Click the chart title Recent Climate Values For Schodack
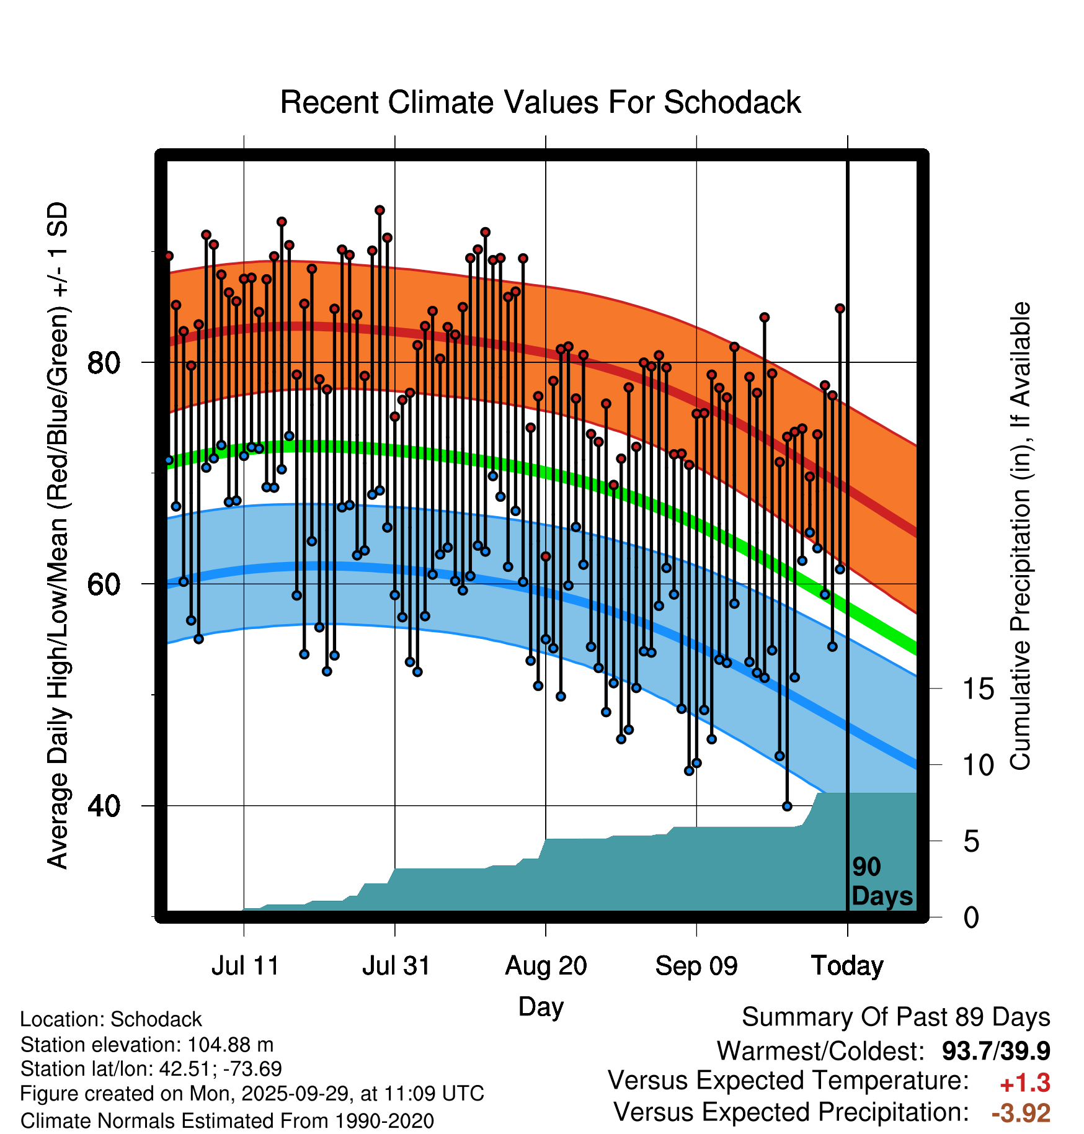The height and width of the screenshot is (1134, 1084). (x=540, y=102)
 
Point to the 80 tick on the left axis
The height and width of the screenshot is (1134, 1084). (x=103, y=362)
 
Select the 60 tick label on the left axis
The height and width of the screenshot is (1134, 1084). (x=103, y=584)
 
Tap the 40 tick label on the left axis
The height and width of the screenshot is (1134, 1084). (x=103, y=806)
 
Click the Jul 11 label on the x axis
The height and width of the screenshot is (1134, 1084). (x=245, y=966)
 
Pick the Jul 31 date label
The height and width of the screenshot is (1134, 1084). (x=396, y=966)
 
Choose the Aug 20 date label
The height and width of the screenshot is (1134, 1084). (x=546, y=966)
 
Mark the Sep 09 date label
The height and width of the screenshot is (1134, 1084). (x=696, y=966)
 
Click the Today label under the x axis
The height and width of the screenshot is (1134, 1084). (x=847, y=966)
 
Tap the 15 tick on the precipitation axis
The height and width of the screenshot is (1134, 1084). (x=978, y=689)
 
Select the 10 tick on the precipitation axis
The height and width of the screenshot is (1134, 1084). (x=978, y=766)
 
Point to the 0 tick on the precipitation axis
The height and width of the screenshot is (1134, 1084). (x=971, y=917)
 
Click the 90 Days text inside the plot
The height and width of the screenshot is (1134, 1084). (x=881, y=882)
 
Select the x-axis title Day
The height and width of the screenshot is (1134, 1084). (x=541, y=1007)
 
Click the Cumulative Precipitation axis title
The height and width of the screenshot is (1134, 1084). (x=1020, y=537)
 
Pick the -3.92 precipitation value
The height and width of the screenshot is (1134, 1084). (x=1021, y=1114)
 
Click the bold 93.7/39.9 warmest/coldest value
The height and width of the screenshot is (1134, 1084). (x=995, y=1051)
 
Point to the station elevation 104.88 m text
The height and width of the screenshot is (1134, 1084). (x=147, y=1045)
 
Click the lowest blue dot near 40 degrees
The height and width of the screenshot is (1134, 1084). (x=787, y=806)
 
